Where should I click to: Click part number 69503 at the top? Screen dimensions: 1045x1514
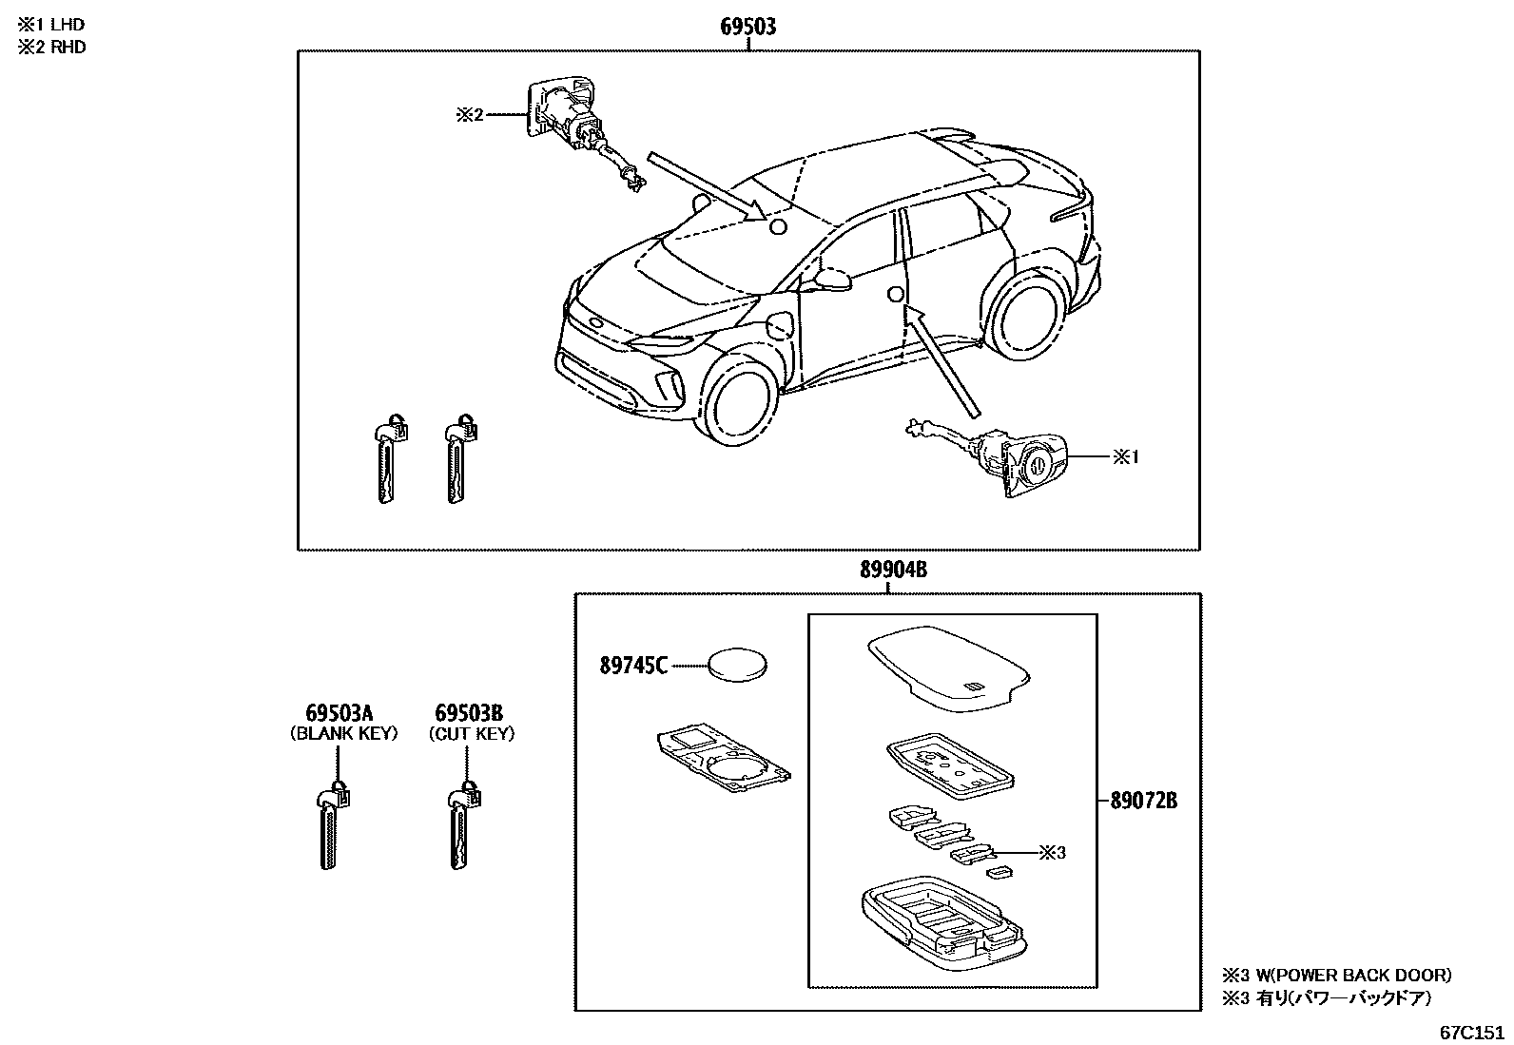point(747,27)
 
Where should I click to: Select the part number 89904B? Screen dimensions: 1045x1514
point(893,570)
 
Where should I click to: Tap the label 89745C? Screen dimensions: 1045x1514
point(632,666)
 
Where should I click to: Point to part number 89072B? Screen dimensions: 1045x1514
point(1144,801)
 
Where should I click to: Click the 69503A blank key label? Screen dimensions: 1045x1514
point(339,713)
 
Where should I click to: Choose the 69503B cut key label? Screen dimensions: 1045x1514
point(469,713)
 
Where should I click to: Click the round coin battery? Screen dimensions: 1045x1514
point(739,664)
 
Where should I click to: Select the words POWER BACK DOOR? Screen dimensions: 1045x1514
point(1366,975)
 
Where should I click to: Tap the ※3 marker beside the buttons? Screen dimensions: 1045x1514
point(1052,853)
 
